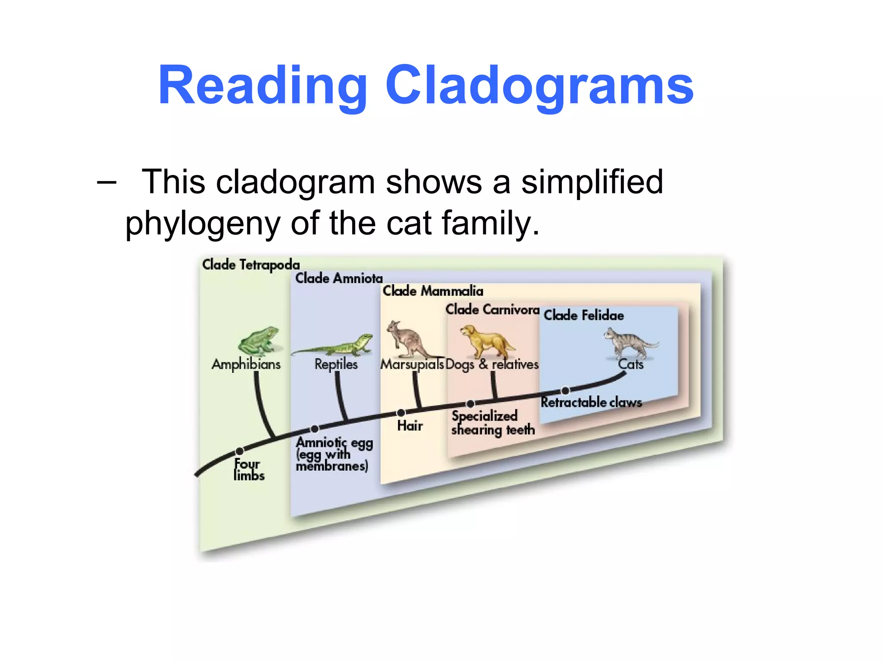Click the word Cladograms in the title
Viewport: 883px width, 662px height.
539,86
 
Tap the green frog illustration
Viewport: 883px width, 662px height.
259,340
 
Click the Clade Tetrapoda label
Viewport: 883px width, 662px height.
251,265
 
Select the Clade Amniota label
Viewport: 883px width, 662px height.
339,278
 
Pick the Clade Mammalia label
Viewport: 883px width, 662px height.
433,291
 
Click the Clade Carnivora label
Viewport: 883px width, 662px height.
492,309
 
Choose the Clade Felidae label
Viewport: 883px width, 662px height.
584,315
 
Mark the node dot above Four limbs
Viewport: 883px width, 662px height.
240,451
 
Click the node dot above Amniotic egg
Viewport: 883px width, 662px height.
315,429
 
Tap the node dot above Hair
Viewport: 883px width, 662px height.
401,413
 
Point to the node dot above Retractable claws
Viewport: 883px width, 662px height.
565,391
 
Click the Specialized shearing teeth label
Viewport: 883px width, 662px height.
492,423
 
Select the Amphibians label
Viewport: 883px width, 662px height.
246,364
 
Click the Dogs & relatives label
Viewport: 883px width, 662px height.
492,365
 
